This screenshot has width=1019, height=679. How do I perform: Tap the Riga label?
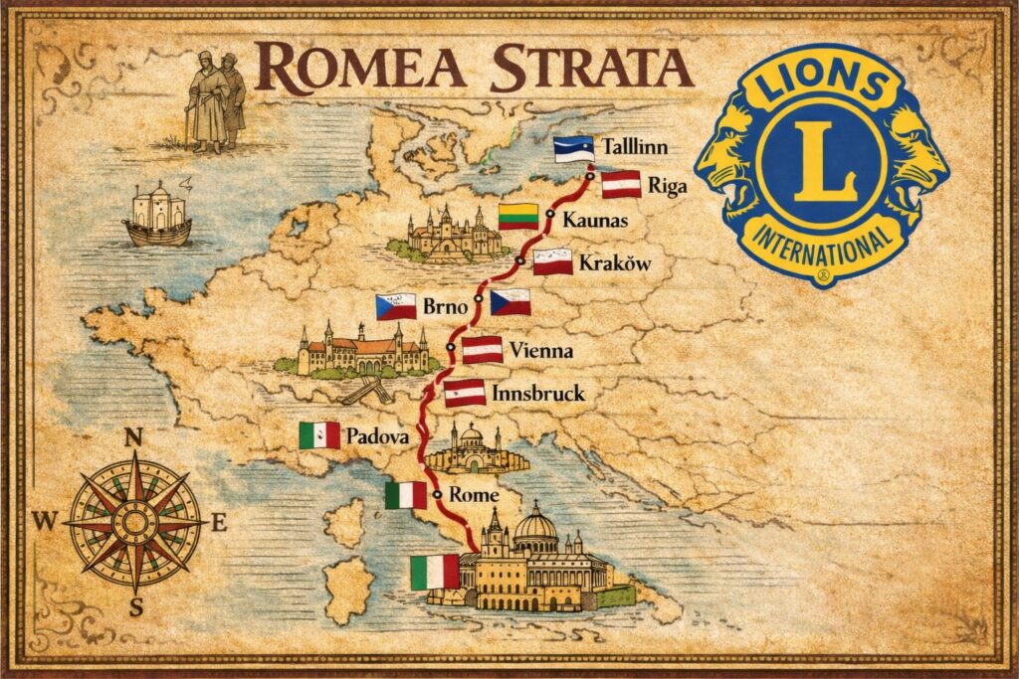667,185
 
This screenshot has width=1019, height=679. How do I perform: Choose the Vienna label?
540,350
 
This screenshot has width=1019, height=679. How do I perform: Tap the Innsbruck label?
538,394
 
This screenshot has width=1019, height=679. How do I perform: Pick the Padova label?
379,435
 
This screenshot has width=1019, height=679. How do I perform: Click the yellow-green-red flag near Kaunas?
518,216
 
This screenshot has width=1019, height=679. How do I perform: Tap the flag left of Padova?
319,434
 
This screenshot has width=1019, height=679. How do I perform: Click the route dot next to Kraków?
519,260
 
